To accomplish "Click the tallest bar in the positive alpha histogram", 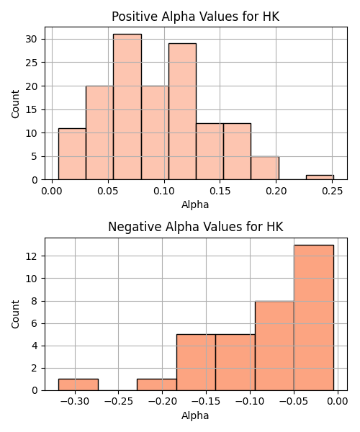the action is [x=127, y=107].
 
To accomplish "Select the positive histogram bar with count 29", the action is [x=182, y=112].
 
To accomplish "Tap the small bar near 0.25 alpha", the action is [x=320, y=177].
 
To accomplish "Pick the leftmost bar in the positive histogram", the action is [x=72, y=154].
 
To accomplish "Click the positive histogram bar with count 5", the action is [x=265, y=168].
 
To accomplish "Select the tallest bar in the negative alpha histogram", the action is [x=314, y=318].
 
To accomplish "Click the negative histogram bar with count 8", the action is [x=274, y=346].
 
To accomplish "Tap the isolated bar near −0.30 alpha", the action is [x=78, y=384].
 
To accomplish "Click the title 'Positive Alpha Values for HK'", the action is [x=196, y=17].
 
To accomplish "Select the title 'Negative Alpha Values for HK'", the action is [x=196, y=227].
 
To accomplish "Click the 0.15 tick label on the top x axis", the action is [x=220, y=191].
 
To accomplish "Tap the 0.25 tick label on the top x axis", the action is [x=332, y=191].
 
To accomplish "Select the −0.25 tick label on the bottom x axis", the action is [x=119, y=402].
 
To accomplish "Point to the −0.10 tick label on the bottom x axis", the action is [x=250, y=402].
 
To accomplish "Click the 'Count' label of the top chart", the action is [x=15, y=104].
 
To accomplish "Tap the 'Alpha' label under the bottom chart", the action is [x=195, y=415].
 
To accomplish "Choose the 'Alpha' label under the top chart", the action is [x=195, y=204].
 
